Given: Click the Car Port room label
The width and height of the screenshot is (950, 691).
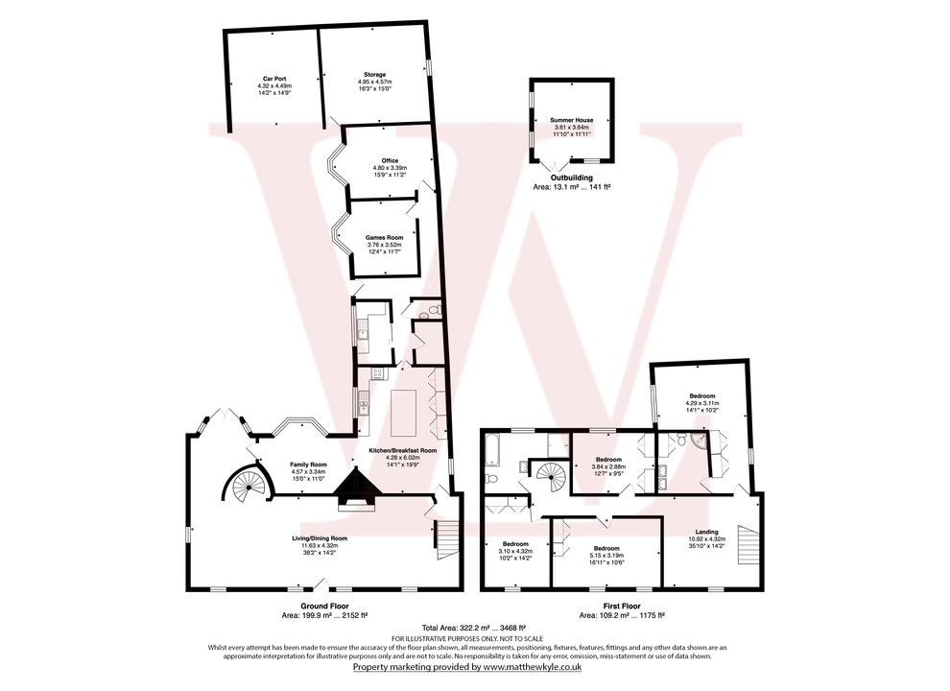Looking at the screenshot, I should pyautogui.click(x=274, y=80).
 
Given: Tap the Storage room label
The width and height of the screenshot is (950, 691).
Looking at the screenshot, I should pyautogui.click(x=374, y=75).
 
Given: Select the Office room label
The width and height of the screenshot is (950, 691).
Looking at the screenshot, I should pyautogui.click(x=390, y=160).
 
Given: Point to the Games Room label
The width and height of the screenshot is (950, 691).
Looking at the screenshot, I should pyautogui.click(x=381, y=237).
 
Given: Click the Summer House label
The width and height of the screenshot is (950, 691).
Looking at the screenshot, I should pyautogui.click(x=572, y=120).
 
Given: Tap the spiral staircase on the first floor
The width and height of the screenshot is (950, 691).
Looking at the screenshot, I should pyautogui.click(x=551, y=474).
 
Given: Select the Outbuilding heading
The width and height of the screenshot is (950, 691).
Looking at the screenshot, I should pyautogui.click(x=570, y=178).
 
